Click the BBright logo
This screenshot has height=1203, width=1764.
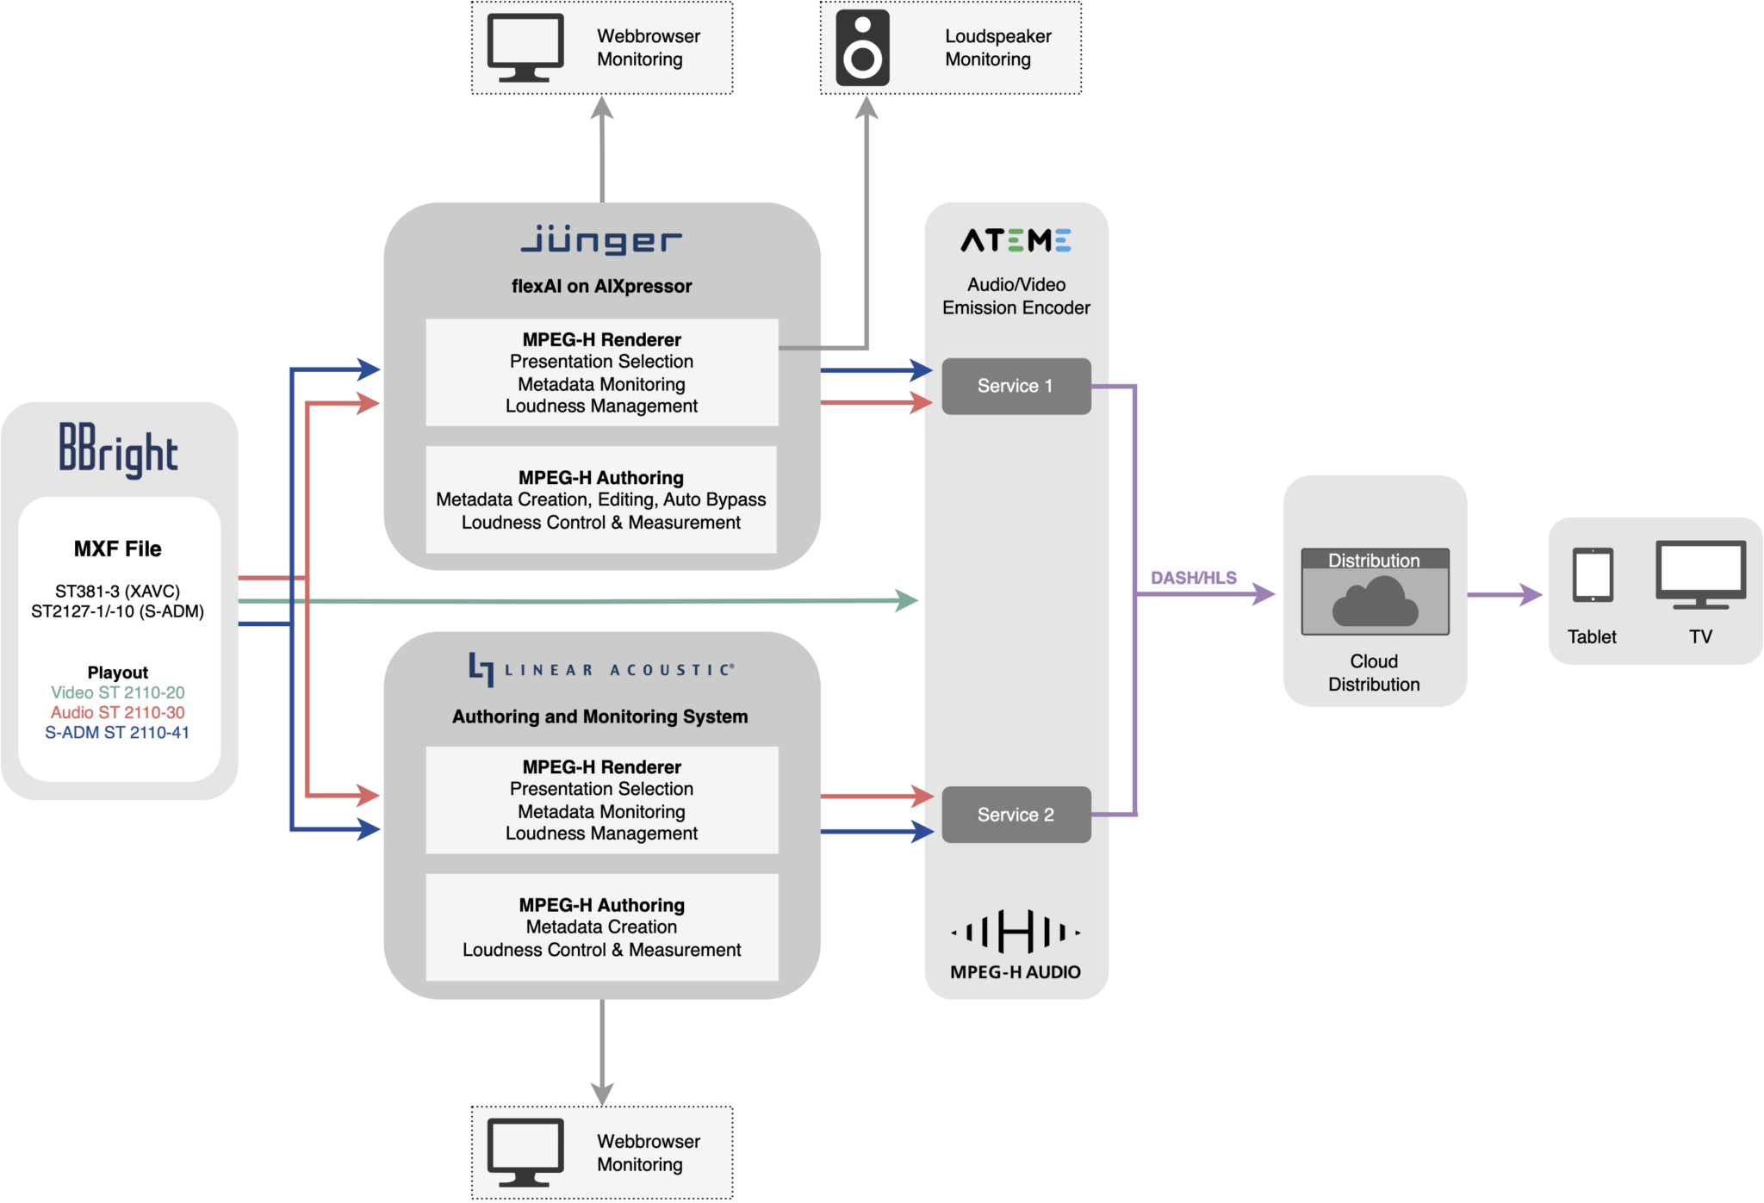click(118, 450)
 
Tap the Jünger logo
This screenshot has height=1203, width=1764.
click(601, 240)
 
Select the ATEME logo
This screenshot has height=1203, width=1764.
click(1016, 240)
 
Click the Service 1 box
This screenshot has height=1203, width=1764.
click(1016, 386)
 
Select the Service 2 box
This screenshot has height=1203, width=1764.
click(1016, 815)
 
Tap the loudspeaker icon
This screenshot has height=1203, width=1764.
click(862, 48)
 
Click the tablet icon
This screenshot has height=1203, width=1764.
click(1592, 575)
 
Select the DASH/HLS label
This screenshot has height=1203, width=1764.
click(1193, 578)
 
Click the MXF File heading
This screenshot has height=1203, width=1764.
click(118, 549)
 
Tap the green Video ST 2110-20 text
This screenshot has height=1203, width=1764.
click(118, 692)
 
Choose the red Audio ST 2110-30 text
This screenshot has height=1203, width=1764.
click(118, 712)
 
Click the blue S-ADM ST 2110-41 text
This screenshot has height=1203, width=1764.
click(118, 732)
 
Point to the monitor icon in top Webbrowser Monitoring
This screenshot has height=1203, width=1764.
click(525, 47)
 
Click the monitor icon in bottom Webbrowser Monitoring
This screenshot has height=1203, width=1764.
click(525, 1152)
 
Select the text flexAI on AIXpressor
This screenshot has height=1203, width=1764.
click(601, 286)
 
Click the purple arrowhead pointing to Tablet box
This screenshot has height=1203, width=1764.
click(1531, 594)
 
